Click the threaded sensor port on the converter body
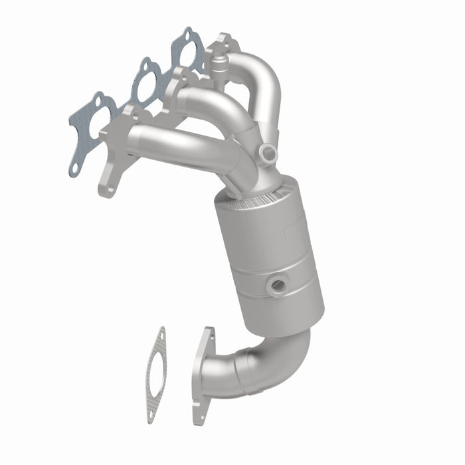click(x=278, y=285)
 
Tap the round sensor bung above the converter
click(x=268, y=153)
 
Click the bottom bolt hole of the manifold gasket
click(x=74, y=167)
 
